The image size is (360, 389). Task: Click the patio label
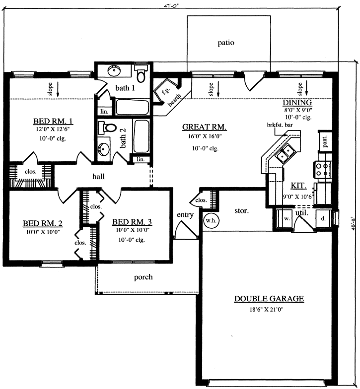click(225, 43)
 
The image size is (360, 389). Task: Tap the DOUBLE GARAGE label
click(269, 299)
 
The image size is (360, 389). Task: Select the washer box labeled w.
click(286, 218)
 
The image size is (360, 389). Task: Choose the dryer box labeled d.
click(323, 218)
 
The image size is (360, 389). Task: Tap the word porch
click(143, 277)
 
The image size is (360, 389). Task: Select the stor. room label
click(241, 210)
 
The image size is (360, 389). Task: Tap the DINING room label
click(298, 102)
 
